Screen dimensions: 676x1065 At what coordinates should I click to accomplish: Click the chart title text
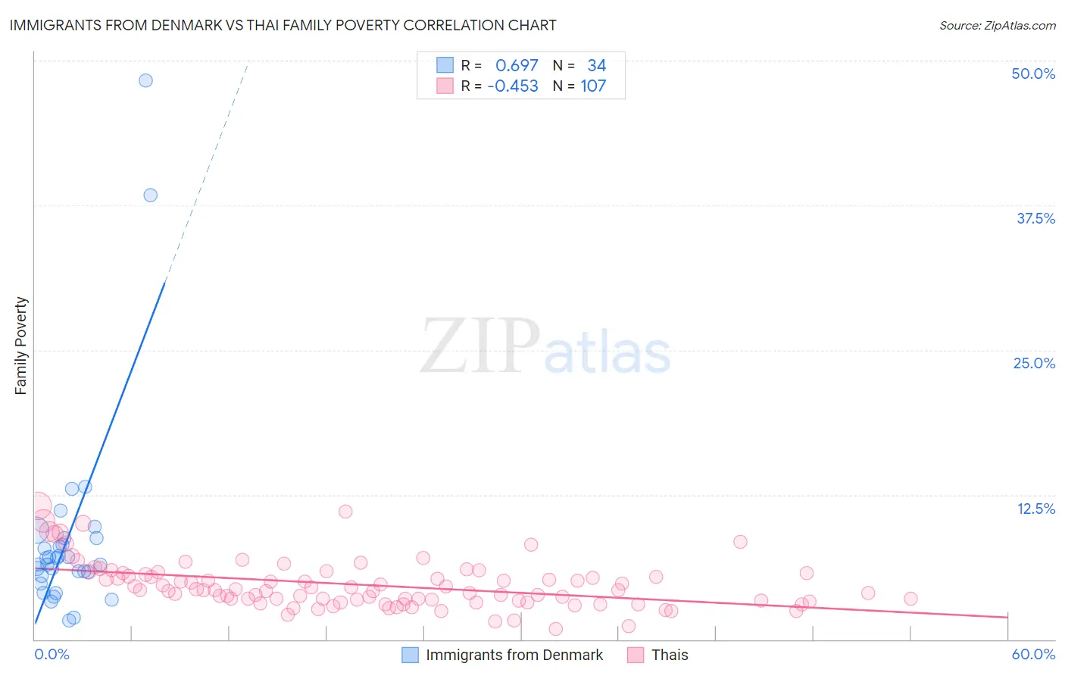283,26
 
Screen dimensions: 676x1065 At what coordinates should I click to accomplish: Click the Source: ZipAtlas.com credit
997,26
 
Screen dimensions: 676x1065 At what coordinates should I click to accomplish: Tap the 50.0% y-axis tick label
1033,74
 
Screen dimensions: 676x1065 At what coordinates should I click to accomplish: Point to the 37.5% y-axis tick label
1035,218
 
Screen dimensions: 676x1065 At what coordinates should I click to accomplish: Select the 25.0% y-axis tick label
1034,363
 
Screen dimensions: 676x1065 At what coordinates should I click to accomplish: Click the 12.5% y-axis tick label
1035,509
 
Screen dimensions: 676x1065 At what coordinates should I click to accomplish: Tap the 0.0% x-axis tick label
52,654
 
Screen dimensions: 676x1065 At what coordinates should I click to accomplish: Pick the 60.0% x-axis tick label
1033,654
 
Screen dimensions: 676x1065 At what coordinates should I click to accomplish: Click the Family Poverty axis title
21,346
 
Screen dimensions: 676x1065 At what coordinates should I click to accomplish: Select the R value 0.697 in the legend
517,66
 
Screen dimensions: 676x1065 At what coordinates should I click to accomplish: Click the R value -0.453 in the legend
513,86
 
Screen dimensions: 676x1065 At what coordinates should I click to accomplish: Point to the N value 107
593,86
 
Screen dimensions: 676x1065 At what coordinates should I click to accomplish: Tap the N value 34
596,66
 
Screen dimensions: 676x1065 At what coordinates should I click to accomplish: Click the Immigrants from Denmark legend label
514,655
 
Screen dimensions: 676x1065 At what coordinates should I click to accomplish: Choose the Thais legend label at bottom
670,655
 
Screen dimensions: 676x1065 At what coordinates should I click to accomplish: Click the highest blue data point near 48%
145,80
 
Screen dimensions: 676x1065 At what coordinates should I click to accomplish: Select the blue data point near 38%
150,195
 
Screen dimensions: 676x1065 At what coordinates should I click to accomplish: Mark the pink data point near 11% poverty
345,511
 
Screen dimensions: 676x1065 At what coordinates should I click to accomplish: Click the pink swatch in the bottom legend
636,655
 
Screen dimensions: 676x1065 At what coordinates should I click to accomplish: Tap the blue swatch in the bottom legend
410,655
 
